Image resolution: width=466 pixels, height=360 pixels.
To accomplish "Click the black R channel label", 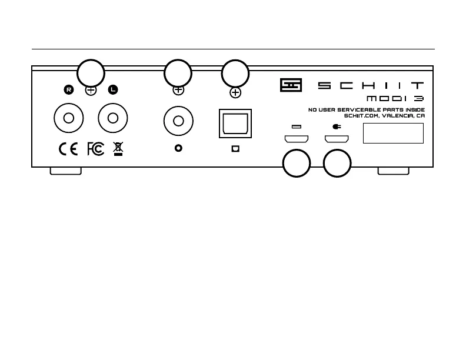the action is pyautogui.click(x=69, y=90).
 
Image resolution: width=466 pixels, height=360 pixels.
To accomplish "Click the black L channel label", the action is pyautogui.click(x=112, y=90).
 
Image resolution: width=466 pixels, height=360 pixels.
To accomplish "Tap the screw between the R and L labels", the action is pyautogui.click(x=91, y=91).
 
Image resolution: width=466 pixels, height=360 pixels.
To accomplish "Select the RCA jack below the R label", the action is pyautogui.click(x=68, y=119).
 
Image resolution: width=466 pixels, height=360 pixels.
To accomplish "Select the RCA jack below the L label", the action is pyautogui.click(x=113, y=119).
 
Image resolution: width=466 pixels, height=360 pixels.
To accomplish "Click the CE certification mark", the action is pyautogui.click(x=68, y=149).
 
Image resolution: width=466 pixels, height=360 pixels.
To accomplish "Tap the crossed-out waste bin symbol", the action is pyautogui.click(x=118, y=149).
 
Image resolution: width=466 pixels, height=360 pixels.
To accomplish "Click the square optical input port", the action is pyautogui.click(x=235, y=124).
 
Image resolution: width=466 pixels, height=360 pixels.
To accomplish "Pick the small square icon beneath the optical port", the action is pyautogui.click(x=235, y=149).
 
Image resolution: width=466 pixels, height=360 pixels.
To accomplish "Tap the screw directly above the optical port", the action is pyautogui.click(x=235, y=92).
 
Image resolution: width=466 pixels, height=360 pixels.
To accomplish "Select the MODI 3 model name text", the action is pyautogui.click(x=395, y=98).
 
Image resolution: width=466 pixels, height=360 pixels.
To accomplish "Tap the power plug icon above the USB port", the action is pyautogui.click(x=336, y=126).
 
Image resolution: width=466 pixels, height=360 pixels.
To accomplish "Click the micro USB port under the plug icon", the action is pyautogui.click(x=337, y=140).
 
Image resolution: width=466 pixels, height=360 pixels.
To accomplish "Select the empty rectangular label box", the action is pyautogui.click(x=394, y=134).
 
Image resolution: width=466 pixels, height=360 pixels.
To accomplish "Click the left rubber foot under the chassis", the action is pyautogui.click(x=66, y=171).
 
